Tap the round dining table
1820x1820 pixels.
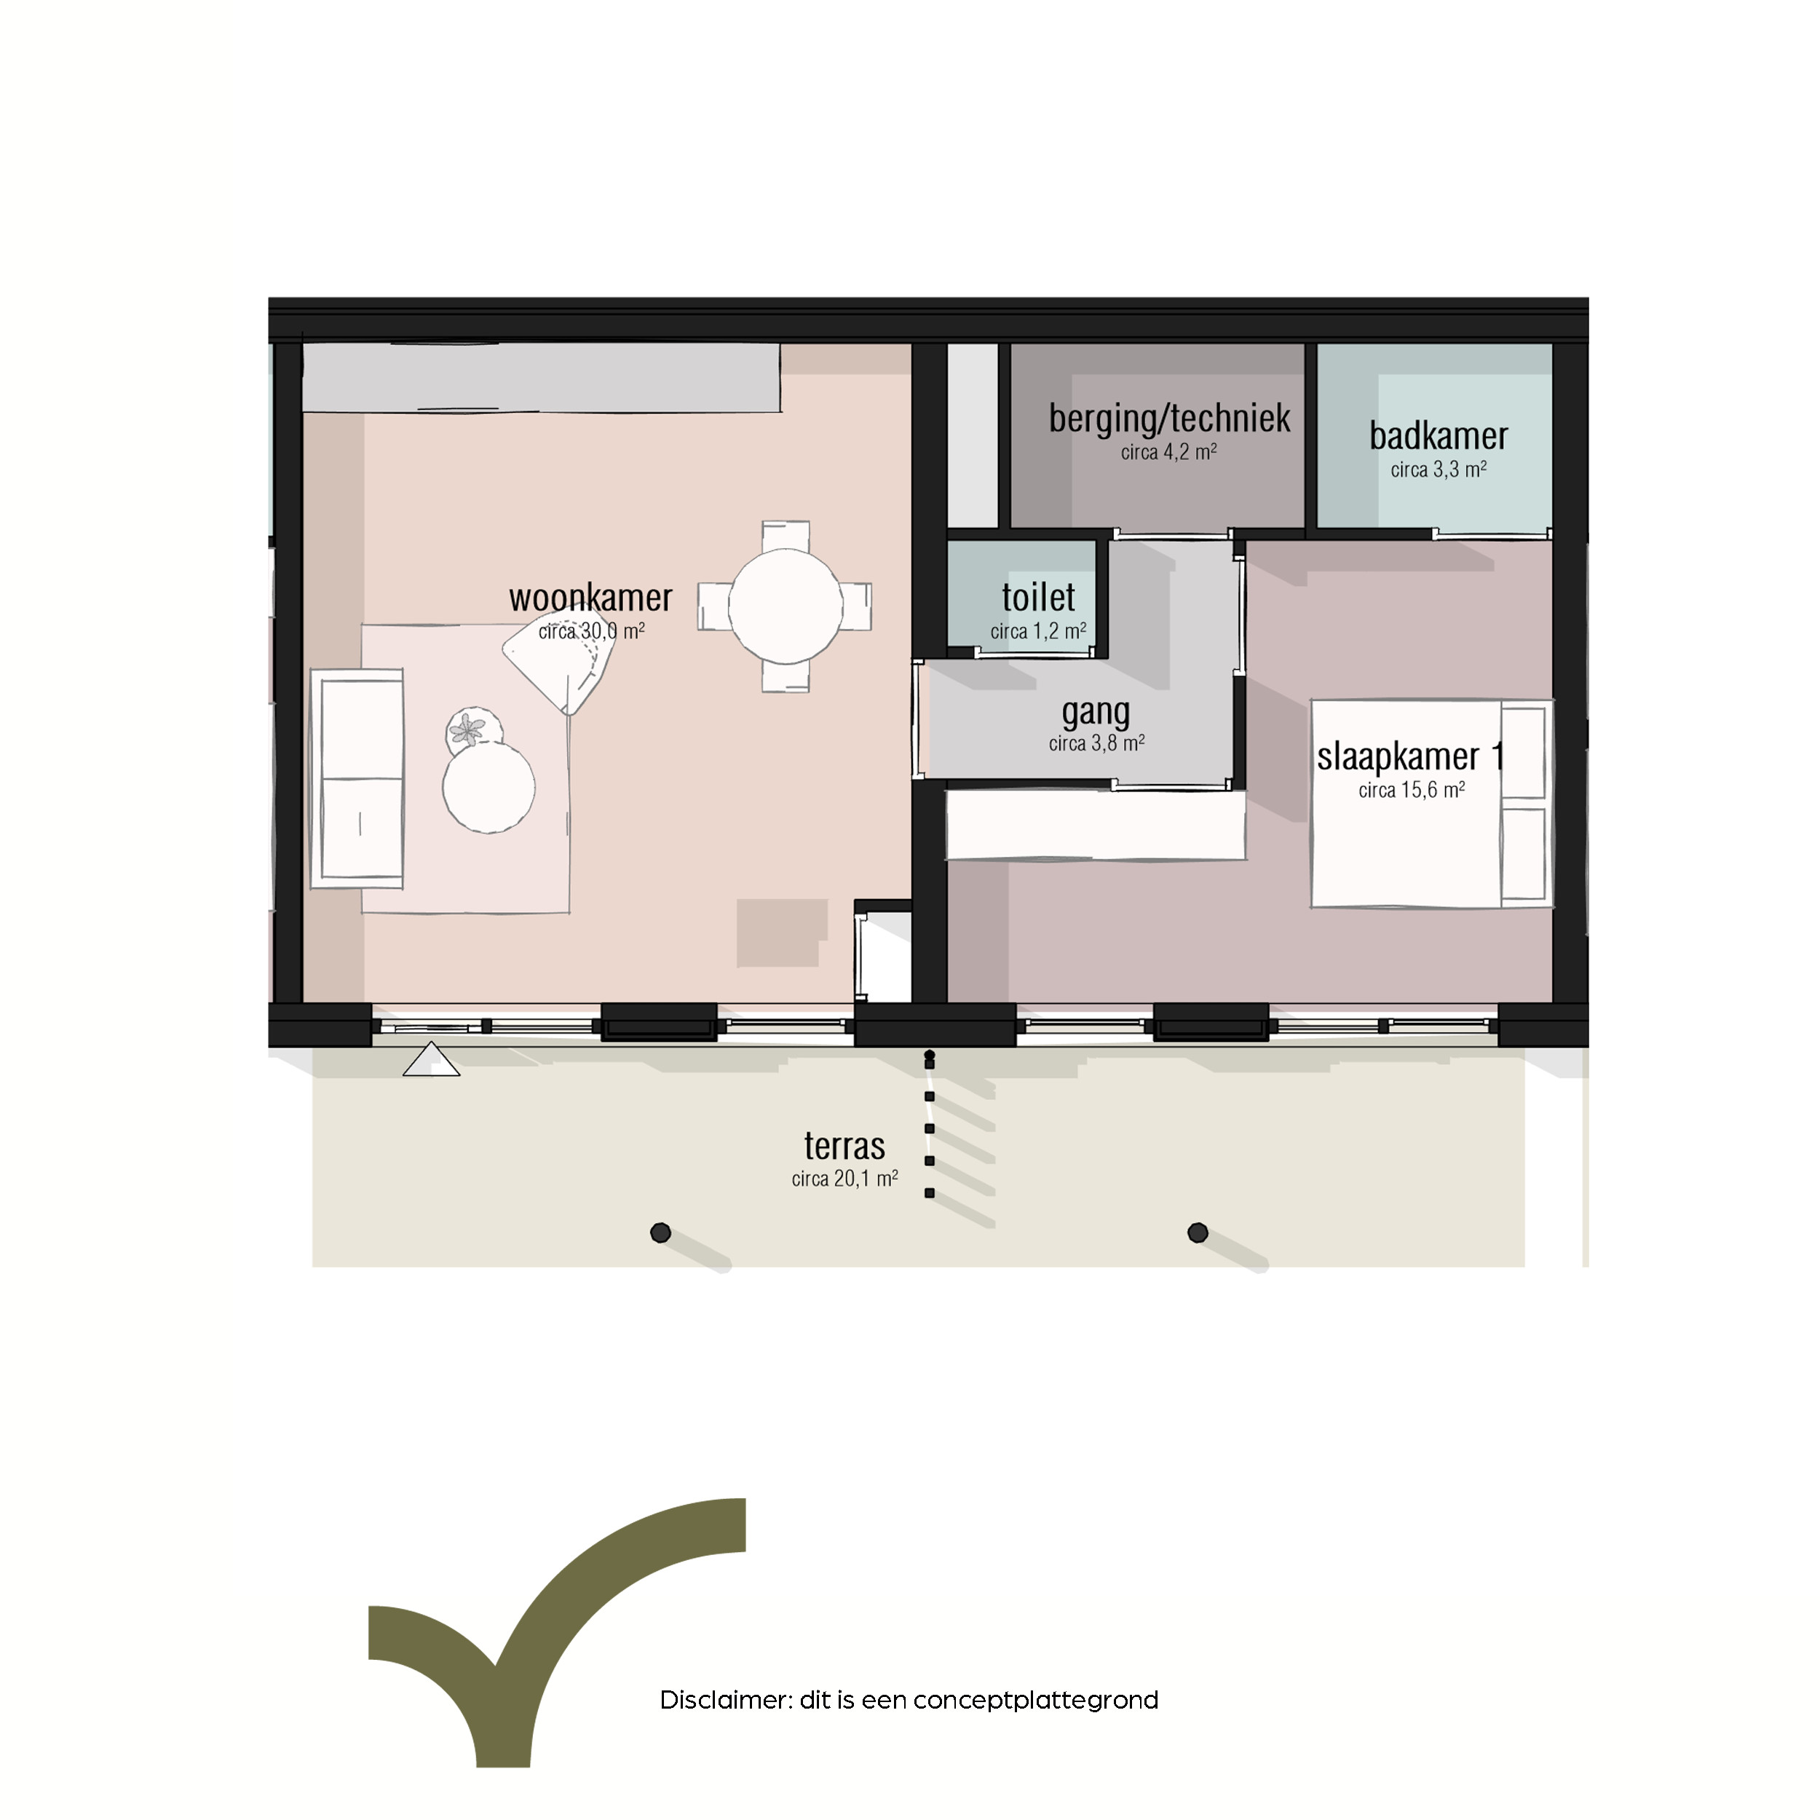(x=785, y=606)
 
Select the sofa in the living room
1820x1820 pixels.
(x=357, y=778)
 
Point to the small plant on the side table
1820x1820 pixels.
(x=468, y=729)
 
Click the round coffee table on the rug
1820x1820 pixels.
(x=489, y=786)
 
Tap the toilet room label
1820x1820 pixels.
(x=1038, y=597)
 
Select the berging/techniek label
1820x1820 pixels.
(x=1169, y=419)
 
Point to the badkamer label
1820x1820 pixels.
(x=1439, y=436)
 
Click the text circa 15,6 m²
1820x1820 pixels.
(x=1411, y=791)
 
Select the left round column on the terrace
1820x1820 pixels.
(x=660, y=1233)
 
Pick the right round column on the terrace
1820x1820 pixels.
(x=1198, y=1233)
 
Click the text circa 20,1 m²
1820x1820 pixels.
(x=844, y=1179)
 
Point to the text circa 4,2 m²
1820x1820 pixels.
(x=1168, y=452)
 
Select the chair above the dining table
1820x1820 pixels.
(x=786, y=534)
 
